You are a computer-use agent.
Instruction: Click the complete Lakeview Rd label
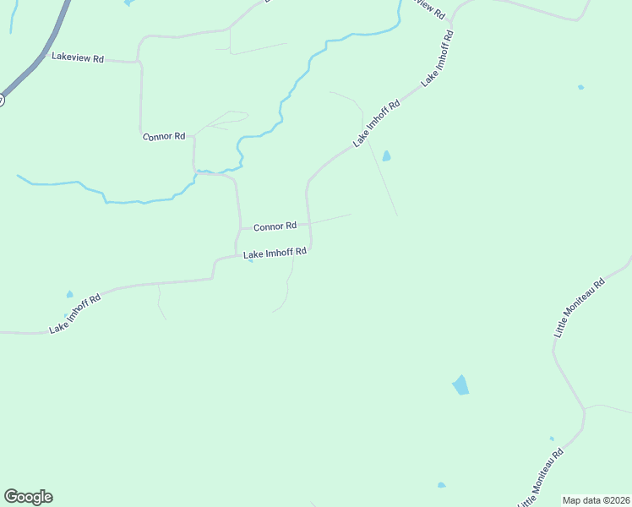pos(77,58)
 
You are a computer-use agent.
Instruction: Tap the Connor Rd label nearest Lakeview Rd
pos(163,136)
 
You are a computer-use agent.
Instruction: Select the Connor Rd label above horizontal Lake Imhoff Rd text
pos(275,226)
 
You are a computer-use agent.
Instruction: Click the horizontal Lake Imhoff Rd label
pos(275,253)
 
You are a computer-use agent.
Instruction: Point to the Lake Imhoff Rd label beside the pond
pos(376,125)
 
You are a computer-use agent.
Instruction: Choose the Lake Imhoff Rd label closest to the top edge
pos(438,57)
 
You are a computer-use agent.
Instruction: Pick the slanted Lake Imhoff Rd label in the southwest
pos(74,313)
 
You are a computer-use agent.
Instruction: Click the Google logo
pos(28,497)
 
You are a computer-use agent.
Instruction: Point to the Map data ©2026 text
pos(597,500)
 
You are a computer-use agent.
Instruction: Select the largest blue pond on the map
pos(460,385)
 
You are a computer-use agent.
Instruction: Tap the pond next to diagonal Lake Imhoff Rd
pos(387,156)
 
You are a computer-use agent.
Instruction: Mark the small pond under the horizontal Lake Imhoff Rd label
pos(250,261)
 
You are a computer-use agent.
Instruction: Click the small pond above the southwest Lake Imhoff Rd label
pos(69,295)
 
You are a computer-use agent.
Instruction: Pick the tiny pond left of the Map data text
pos(441,485)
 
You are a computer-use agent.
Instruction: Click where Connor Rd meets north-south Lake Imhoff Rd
pos(310,224)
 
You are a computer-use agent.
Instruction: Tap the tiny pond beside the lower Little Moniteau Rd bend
pos(552,439)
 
